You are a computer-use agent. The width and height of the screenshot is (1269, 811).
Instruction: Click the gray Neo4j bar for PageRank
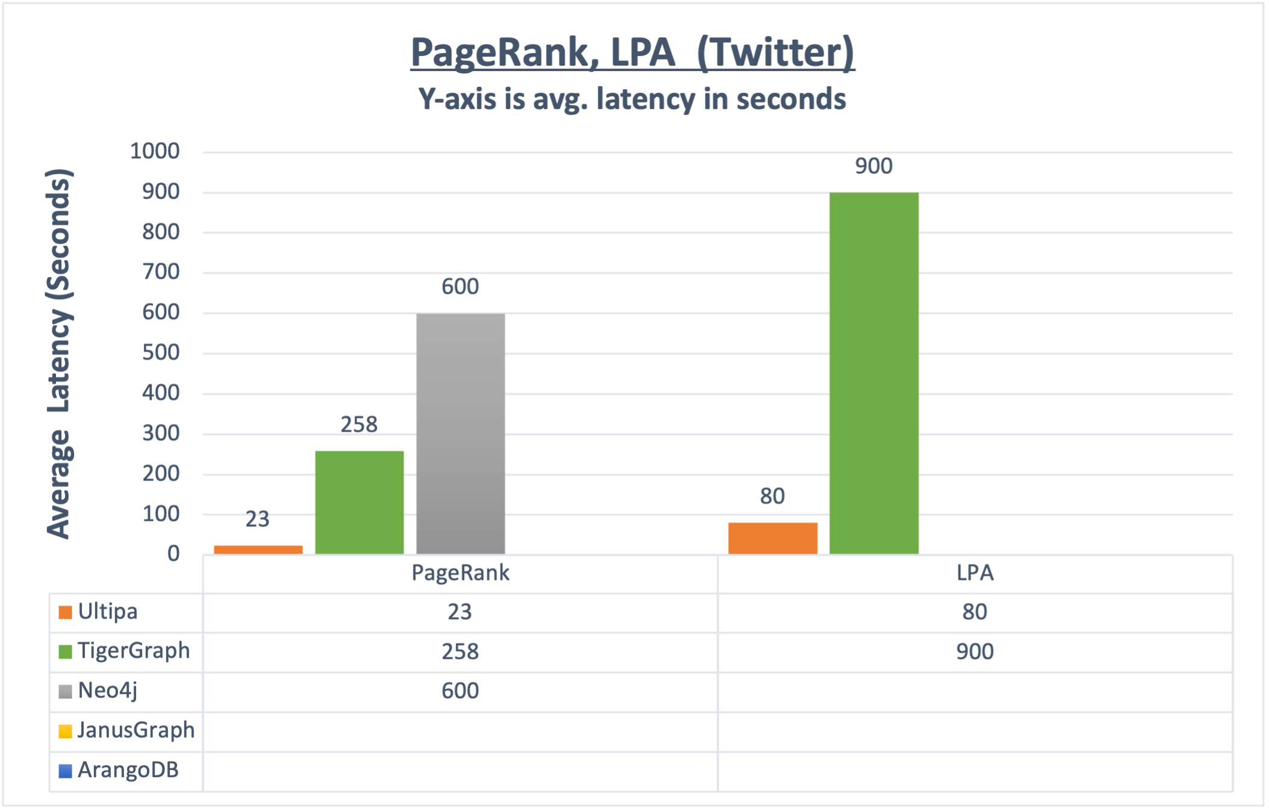tap(461, 433)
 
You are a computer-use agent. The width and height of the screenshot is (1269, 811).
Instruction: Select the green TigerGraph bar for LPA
tap(873, 373)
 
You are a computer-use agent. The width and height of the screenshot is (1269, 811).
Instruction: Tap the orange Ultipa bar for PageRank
tap(258, 549)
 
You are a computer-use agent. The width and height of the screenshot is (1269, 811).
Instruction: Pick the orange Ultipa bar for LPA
tap(772, 538)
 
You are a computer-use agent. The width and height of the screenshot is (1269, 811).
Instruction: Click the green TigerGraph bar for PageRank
tap(359, 502)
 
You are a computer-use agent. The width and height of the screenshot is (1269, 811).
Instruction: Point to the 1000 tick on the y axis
tap(155, 151)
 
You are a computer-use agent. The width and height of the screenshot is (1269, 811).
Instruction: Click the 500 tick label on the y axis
tap(161, 353)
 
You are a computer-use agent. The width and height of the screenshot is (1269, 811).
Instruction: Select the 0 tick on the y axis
tap(173, 554)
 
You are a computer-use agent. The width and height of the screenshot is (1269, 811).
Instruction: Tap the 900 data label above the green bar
tap(873, 166)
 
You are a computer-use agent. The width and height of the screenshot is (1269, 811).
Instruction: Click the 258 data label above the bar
tap(359, 425)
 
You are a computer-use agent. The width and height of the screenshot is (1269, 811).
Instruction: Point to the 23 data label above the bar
tap(258, 519)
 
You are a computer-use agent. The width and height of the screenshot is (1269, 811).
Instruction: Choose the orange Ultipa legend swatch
tap(65, 612)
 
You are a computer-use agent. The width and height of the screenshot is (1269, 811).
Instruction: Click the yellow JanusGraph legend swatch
tap(65, 731)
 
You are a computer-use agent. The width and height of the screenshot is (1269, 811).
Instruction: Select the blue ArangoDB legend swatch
tap(65, 771)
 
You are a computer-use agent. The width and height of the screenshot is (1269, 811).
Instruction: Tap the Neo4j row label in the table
tap(108, 691)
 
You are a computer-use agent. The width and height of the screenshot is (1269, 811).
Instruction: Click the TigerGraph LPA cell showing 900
tap(975, 651)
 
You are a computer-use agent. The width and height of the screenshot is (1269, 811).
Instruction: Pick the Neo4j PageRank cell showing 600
tap(460, 691)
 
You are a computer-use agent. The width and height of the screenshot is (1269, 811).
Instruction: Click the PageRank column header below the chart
tap(460, 573)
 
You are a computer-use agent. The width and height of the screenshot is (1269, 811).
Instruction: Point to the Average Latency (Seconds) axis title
tap(60, 353)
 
